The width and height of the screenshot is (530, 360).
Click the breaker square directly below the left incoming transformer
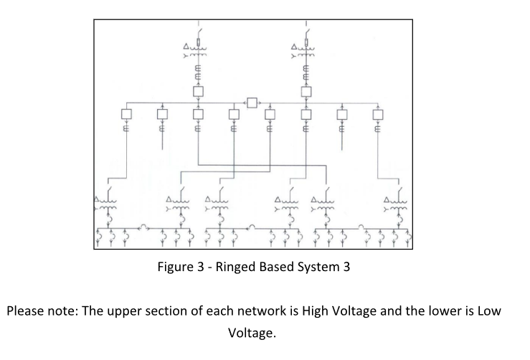[x=198, y=91]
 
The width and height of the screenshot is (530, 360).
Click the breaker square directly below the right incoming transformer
[x=306, y=91]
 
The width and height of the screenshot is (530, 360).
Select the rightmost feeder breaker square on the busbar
[x=377, y=114]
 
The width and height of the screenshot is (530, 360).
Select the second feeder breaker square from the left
[x=163, y=114]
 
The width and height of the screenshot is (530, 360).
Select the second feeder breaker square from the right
[x=342, y=114]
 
